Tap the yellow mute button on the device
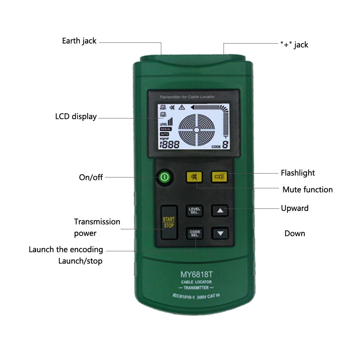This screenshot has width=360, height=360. coord(194,177)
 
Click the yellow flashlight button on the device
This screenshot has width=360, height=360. coord(219,176)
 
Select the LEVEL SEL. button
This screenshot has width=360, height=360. coord(194,211)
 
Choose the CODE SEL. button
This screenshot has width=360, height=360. coord(194,233)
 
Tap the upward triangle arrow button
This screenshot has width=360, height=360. coord(220,211)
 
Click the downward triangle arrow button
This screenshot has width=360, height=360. coord(220,233)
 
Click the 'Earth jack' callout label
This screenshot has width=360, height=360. coord(79,41)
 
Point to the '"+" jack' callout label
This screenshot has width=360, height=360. coord(294,45)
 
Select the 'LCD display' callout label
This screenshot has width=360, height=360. coord(76,117)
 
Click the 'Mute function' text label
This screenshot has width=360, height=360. coord(307,189)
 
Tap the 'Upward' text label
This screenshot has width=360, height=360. coord(294,208)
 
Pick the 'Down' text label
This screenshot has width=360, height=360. coord(294,233)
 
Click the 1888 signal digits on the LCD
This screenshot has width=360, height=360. coord(169,145)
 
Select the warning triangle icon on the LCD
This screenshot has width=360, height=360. coord(181,107)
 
